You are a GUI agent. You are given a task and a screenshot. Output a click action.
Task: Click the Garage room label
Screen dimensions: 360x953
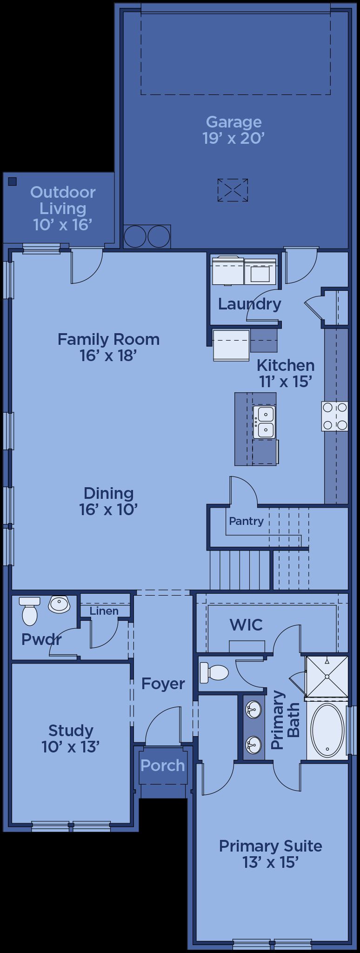click(233, 130)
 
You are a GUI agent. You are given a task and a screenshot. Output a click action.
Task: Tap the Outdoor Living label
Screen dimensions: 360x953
click(63, 208)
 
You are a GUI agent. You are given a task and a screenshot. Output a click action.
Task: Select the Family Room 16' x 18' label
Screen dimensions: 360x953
click(108, 347)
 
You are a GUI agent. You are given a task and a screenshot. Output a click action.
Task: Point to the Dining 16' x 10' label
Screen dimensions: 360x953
click(108, 501)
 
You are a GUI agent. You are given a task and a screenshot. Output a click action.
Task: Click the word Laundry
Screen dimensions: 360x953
click(250, 304)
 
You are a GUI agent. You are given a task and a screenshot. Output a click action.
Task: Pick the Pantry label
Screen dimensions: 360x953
click(246, 521)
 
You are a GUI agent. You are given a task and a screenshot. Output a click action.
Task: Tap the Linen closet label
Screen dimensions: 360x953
click(104, 611)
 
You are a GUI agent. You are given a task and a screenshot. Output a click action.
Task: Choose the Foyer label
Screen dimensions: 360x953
click(163, 684)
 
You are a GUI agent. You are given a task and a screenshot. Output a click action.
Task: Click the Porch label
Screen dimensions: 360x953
click(163, 765)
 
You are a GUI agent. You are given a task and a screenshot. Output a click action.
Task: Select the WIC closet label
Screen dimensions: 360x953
click(246, 624)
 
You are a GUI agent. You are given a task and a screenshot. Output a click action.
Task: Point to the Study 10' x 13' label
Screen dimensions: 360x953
click(71, 738)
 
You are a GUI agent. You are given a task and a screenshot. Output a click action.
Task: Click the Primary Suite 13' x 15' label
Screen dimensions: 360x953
click(271, 854)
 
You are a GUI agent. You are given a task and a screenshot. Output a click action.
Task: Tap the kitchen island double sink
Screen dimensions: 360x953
click(264, 422)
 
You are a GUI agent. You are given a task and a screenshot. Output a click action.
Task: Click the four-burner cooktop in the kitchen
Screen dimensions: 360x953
click(335, 416)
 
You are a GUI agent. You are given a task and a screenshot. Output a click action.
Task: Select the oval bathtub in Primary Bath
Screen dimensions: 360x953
click(327, 731)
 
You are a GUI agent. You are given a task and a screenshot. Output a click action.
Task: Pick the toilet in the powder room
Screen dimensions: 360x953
click(29, 611)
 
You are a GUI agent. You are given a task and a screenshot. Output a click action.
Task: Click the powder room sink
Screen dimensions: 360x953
click(59, 604)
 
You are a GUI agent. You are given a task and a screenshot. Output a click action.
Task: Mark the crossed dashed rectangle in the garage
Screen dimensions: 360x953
click(233, 190)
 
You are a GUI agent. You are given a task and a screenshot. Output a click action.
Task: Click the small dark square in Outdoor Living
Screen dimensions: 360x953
click(13, 181)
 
